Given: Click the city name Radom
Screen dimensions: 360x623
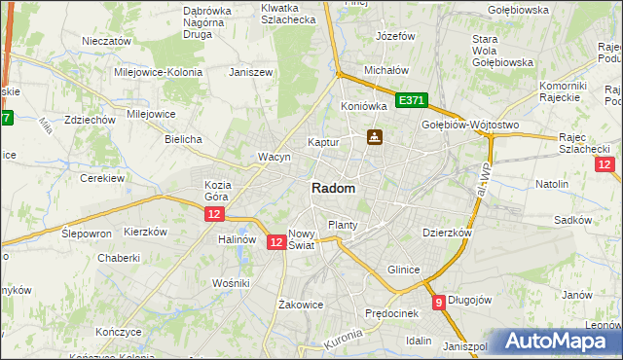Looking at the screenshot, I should tap(333, 189).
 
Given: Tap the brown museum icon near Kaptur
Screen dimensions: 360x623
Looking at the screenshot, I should tap(374, 137).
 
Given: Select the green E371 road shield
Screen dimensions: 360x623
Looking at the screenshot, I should tap(412, 100).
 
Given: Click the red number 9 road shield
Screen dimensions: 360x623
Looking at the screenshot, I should tap(439, 302).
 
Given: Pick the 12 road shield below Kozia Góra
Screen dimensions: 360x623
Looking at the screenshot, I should tap(215, 213).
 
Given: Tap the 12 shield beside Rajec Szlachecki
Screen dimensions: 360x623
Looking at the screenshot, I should tap(604, 164).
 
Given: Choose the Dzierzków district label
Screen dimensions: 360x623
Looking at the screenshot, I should tap(447, 234).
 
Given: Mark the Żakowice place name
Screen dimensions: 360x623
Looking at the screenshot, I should tap(300, 304).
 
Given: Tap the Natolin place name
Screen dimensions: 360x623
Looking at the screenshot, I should tap(552, 183).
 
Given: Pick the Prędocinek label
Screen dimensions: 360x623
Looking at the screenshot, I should tap(391, 313).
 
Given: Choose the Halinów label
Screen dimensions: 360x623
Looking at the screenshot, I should tap(238, 239).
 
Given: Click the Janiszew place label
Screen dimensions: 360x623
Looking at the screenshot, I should tap(248, 72).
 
